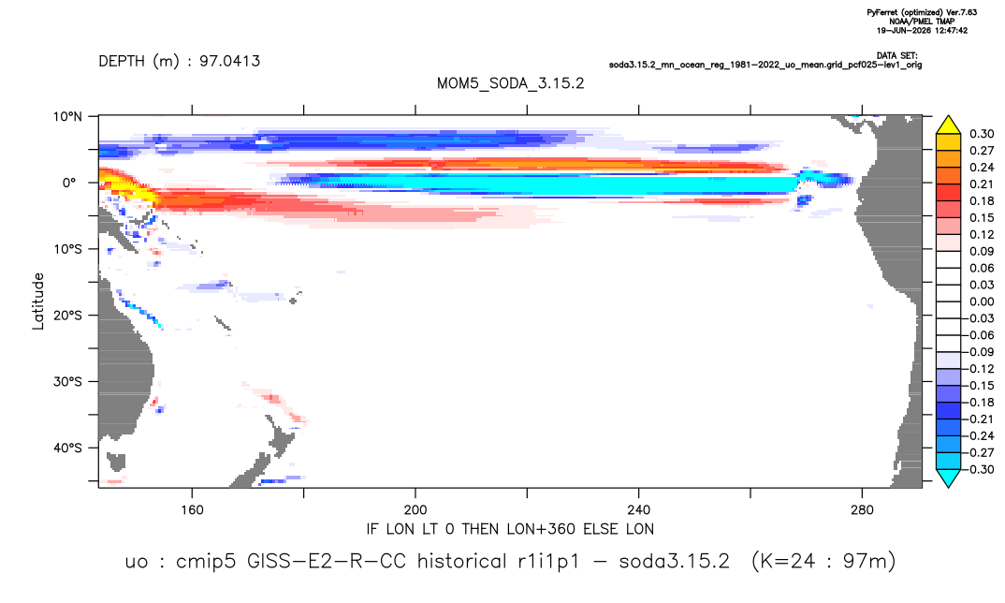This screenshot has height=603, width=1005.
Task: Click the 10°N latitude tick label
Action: coord(67,116)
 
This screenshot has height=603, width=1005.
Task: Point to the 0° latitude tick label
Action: coord(69,183)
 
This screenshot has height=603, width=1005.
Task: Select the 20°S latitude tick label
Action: coord(67,316)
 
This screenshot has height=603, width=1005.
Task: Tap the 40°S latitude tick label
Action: coord(67,448)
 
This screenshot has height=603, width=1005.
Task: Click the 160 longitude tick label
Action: coord(192,510)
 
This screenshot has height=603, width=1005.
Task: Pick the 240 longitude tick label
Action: coord(639,510)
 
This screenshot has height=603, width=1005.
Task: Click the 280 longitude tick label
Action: coord(862,510)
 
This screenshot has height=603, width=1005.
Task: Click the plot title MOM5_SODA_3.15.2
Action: coord(511,83)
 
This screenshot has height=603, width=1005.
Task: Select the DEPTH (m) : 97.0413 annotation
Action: coord(180,61)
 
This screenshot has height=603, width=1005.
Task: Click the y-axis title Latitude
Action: coord(38,301)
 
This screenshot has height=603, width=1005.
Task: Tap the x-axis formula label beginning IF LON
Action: coord(510,529)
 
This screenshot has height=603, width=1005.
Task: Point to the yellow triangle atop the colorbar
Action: coord(949,125)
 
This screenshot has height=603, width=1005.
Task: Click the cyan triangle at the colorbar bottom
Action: coord(949,478)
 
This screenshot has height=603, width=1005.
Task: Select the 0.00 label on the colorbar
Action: coord(982,301)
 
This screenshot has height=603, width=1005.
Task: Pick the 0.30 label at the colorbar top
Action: coord(982,134)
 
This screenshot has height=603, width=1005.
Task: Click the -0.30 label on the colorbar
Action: coord(980,469)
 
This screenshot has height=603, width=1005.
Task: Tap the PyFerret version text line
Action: coord(922,12)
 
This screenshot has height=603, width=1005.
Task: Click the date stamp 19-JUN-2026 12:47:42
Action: coord(922,30)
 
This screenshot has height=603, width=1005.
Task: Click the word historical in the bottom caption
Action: coord(461,561)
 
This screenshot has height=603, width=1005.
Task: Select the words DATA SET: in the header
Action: coord(896,56)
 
